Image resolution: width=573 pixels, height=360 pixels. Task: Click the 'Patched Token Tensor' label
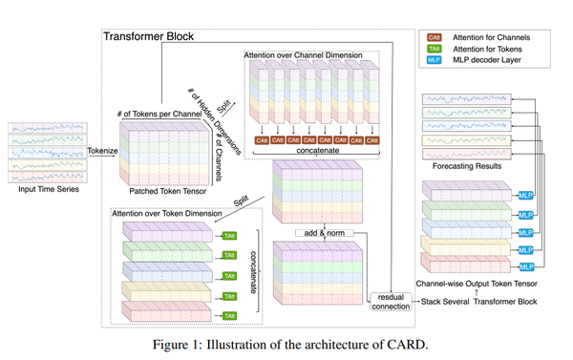(x=158, y=190)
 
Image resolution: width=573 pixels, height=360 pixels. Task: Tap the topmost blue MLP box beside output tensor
(x=525, y=195)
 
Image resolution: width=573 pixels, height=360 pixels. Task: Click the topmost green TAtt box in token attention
(x=230, y=234)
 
